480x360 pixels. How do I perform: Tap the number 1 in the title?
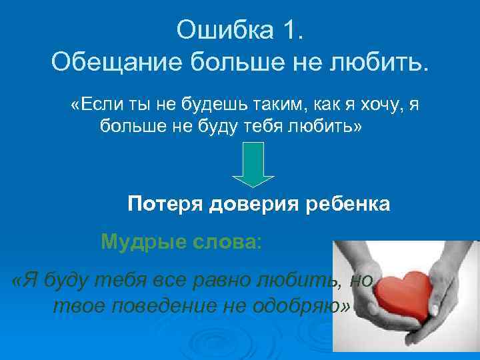tap(291, 30)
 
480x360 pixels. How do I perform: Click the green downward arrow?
tap(253, 165)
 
